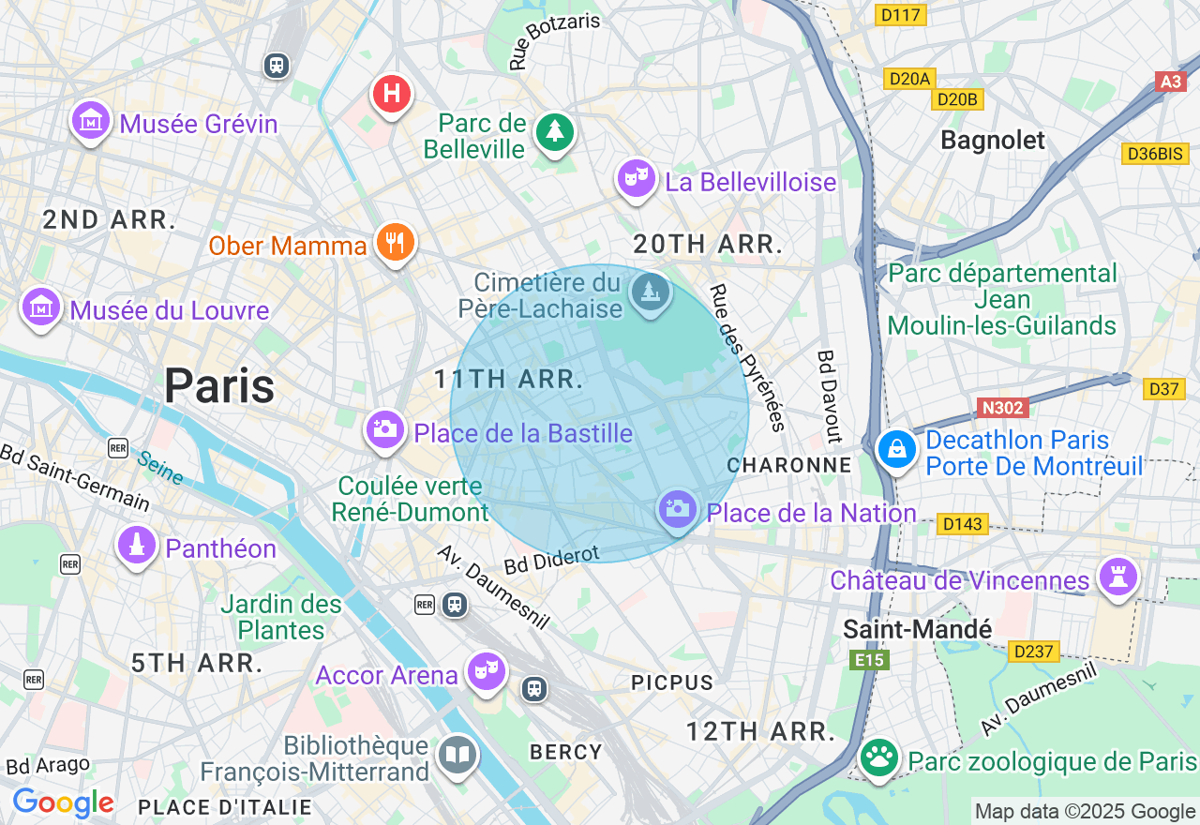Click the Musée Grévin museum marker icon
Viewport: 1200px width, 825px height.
(91, 121)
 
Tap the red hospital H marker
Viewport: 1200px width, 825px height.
(392, 94)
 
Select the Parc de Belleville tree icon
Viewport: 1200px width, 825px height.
(554, 131)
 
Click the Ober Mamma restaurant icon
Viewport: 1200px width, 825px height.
(395, 243)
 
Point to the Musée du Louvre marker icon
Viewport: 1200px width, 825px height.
(41, 307)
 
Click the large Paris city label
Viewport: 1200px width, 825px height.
(219, 385)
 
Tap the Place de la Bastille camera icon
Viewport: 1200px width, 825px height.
(384, 429)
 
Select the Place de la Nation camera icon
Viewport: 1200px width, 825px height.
(677, 509)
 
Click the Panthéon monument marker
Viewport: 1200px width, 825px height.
(137, 545)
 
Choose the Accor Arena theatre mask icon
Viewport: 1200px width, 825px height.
(487, 671)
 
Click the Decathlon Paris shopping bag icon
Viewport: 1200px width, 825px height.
(896, 450)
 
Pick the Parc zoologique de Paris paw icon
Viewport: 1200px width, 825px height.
(878, 758)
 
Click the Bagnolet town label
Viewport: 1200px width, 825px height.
(992, 141)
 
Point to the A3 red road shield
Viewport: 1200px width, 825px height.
(1171, 82)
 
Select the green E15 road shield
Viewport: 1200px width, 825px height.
(870, 661)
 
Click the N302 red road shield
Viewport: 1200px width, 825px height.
(1002, 408)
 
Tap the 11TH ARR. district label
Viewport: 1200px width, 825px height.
(509, 380)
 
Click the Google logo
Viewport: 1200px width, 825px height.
(63, 802)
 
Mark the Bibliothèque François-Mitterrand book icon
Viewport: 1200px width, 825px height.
(457, 755)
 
